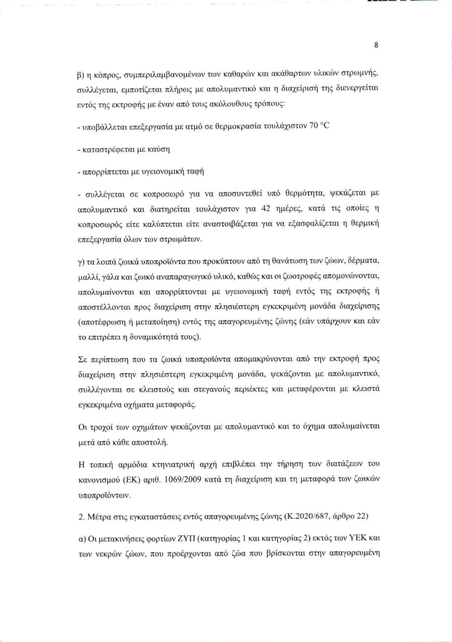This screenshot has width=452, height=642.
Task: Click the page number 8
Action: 376,45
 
